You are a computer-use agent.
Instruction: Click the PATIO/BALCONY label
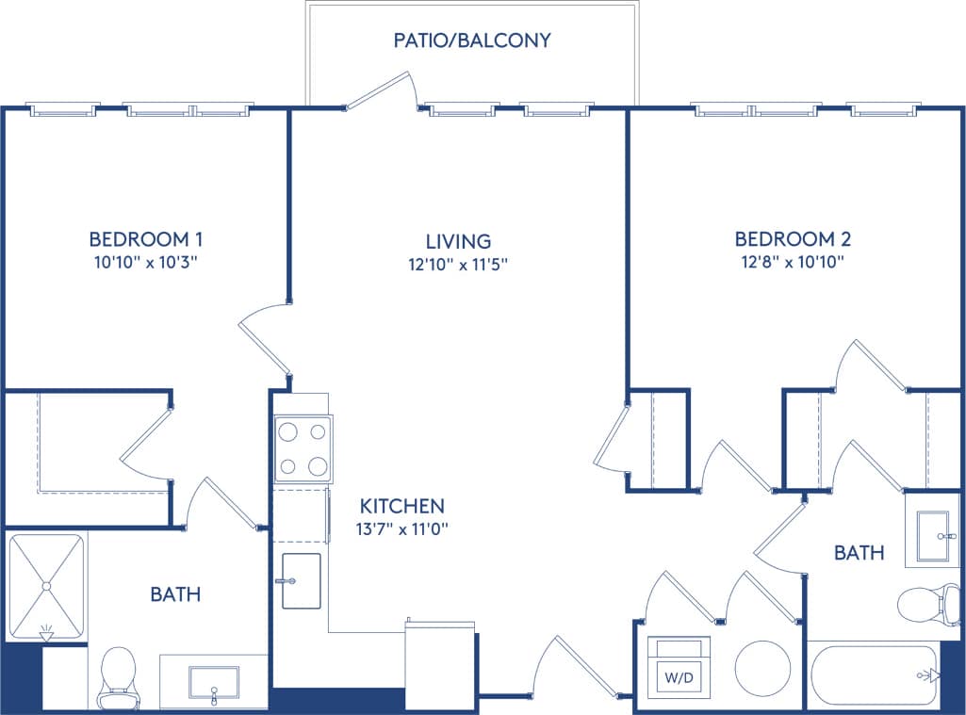(472, 41)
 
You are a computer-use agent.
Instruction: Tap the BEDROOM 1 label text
(146, 238)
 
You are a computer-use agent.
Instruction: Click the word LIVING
(458, 241)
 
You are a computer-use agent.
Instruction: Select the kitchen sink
(302, 580)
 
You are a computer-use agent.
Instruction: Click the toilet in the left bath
(119, 674)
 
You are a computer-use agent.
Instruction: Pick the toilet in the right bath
(921, 605)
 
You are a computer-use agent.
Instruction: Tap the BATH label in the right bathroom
(859, 553)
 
